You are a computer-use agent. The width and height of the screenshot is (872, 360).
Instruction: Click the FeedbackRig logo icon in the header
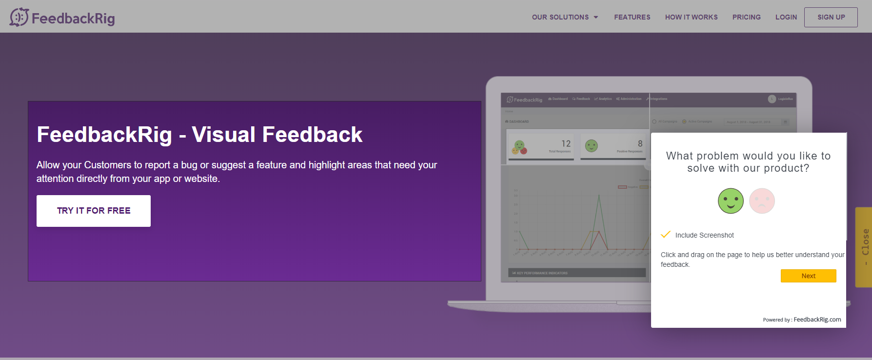click(19, 17)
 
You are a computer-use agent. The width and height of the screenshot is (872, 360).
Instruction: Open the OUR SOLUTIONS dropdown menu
click(565, 17)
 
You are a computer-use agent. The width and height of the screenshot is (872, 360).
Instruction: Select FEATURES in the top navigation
click(632, 17)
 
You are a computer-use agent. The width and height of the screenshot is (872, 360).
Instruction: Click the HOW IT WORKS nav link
click(691, 17)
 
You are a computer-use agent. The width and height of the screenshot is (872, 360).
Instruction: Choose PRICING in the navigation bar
click(746, 17)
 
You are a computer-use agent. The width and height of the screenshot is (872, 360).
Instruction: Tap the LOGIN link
click(786, 17)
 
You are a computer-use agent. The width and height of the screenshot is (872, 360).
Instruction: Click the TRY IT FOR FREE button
click(94, 211)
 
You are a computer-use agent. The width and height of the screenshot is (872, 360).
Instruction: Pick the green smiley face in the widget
click(731, 201)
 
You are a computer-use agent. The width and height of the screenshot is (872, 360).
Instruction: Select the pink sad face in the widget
click(762, 201)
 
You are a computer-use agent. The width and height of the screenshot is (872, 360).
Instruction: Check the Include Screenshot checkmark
click(666, 235)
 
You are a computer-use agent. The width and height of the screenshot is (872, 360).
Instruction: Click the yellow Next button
click(808, 276)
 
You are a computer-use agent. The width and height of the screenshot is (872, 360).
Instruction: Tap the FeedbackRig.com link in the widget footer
click(817, 320)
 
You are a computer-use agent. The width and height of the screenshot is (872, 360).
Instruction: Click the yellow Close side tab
click(864, 247)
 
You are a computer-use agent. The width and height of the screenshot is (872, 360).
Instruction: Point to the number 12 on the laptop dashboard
click(566, 143)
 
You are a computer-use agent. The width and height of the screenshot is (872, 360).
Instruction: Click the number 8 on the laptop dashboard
click(640, 143)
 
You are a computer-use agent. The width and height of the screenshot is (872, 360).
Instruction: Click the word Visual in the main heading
click(223, 135)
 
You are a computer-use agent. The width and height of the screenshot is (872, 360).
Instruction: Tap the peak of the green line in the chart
click(599, 195)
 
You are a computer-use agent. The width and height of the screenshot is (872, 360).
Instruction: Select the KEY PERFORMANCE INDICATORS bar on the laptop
click(576, 273)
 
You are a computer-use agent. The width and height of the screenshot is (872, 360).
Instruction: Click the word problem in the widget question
click(717, 156)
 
